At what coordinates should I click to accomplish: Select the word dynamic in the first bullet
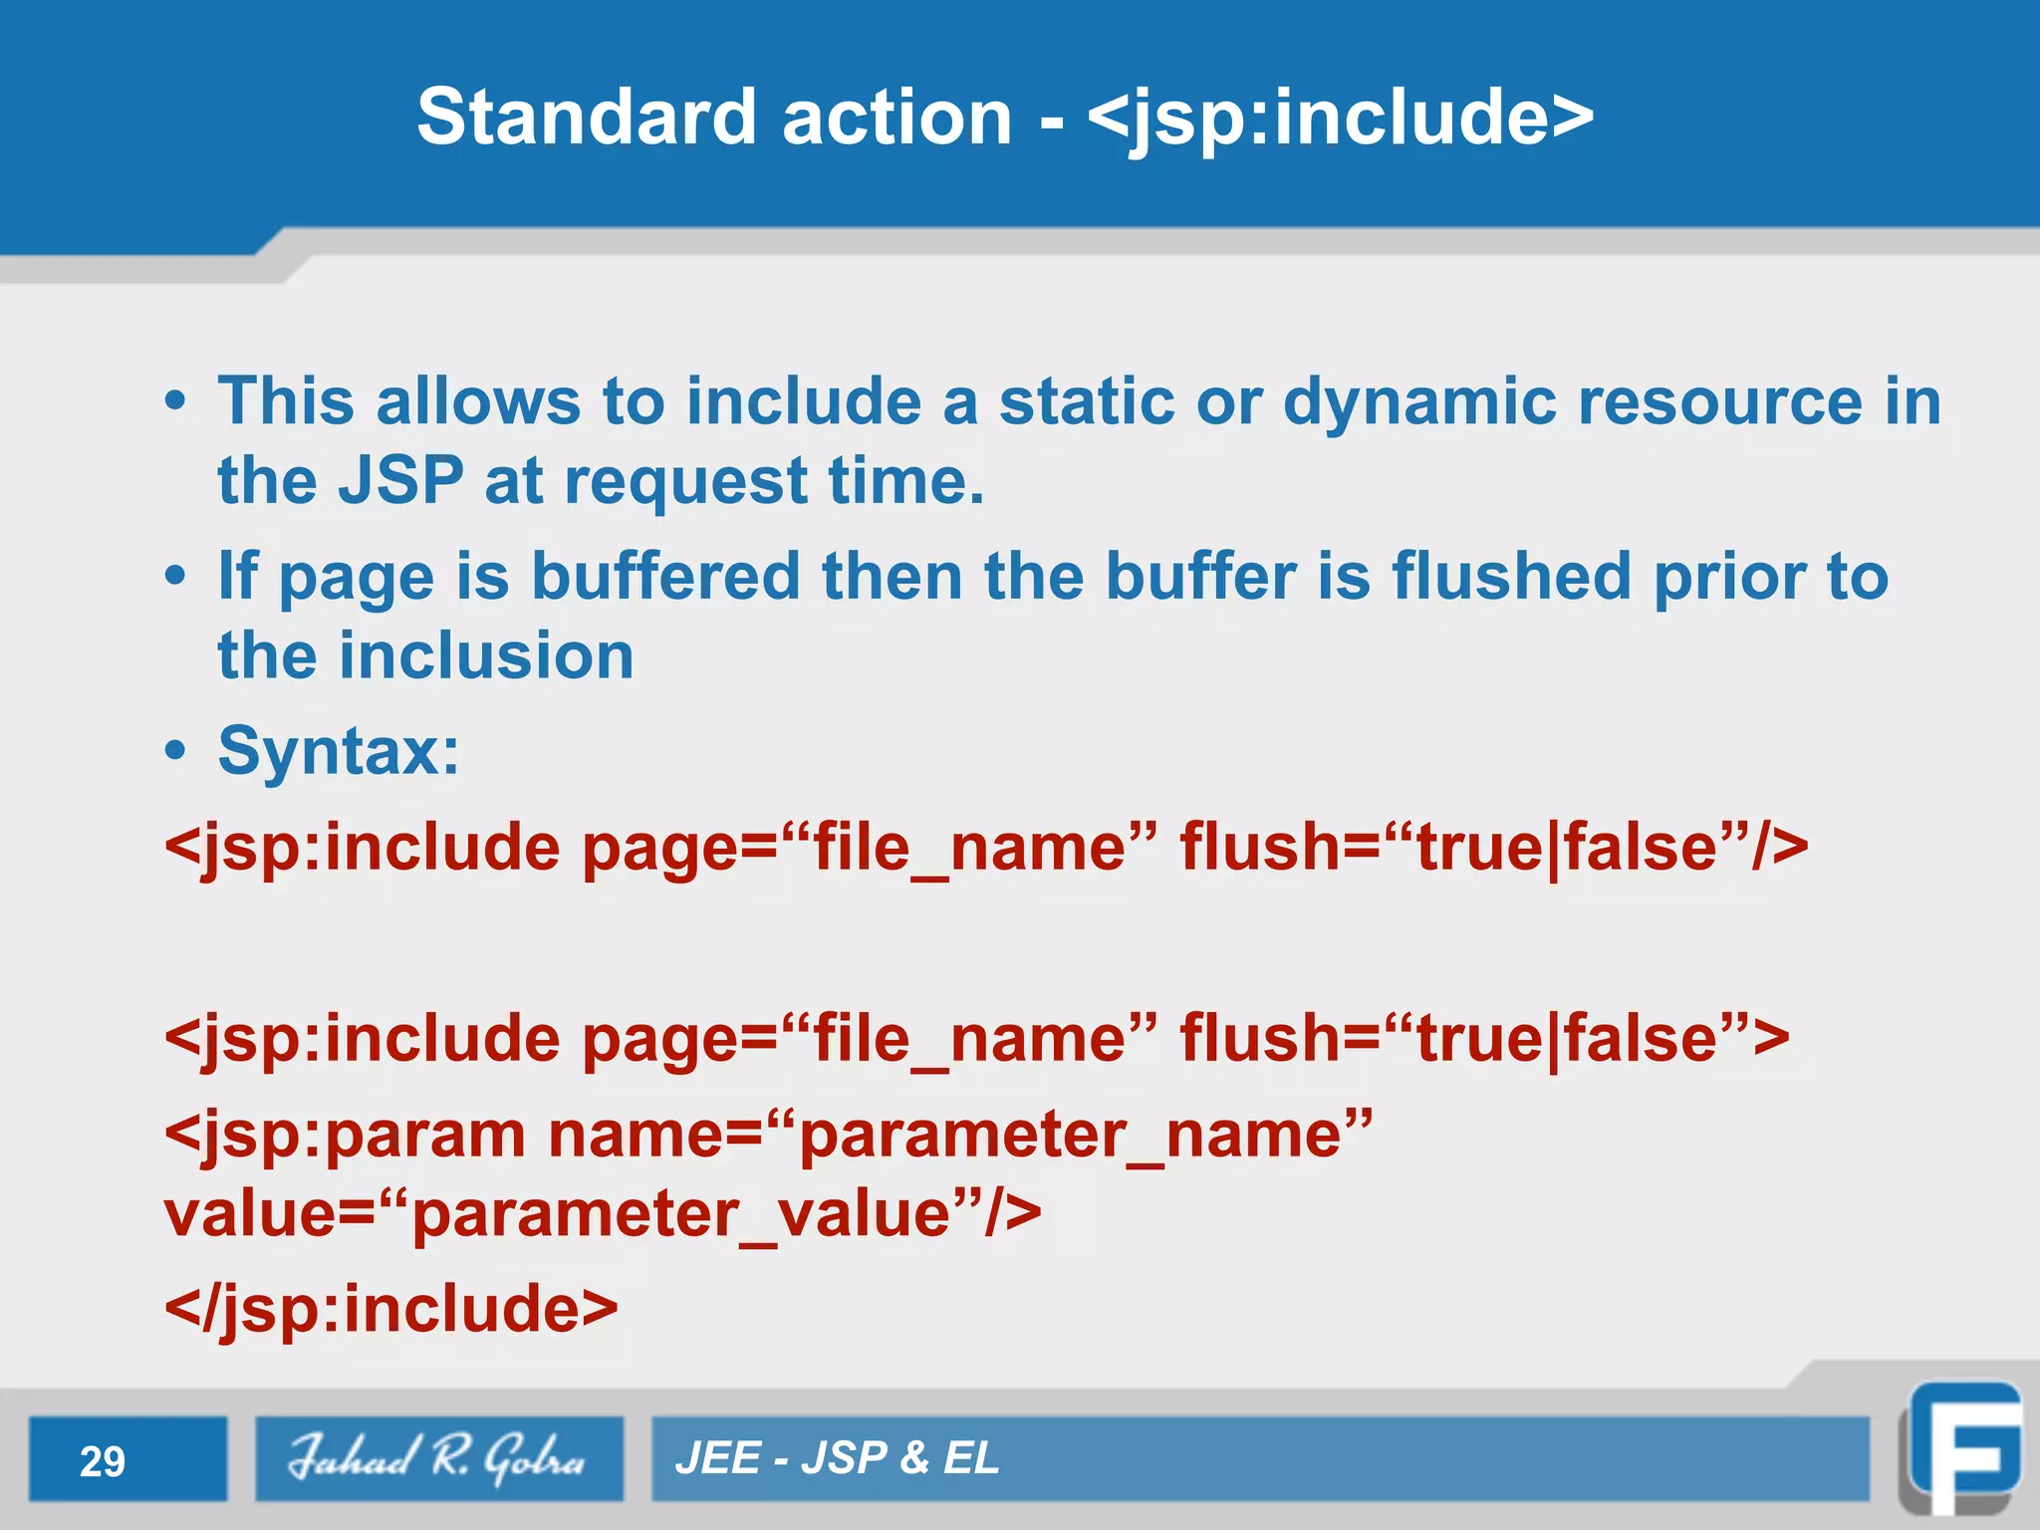1419,403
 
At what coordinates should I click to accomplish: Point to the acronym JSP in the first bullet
400,481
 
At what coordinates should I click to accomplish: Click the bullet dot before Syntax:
175,751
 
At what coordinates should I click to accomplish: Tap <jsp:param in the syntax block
345,1135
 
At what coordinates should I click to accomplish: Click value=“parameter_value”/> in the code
602,1214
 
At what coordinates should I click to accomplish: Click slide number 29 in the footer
103,1461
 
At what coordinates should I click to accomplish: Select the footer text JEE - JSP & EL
837,1458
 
